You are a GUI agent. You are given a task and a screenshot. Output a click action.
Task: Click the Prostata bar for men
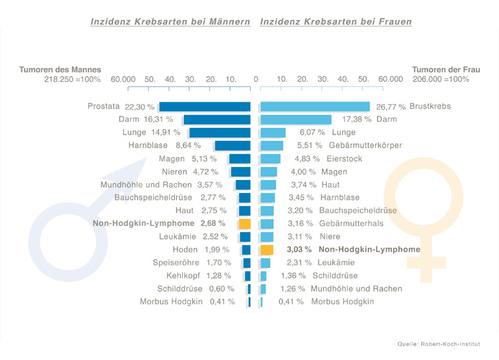[205, 107]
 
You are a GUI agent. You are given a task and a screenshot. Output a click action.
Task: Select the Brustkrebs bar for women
[315, 107]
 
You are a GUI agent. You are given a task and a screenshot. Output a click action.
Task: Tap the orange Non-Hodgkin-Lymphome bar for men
[244, 224]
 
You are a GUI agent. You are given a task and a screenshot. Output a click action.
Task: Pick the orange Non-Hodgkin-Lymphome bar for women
[267, 250]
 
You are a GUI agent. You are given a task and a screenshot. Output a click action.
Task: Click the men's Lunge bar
[220, 133]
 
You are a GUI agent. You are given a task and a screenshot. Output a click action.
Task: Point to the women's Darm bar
[296, 120]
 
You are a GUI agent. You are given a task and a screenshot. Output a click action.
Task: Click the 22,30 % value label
[140, 107]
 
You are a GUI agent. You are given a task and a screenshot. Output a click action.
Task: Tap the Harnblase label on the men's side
[147, 145]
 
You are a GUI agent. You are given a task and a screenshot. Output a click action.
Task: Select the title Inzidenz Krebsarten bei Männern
[170, 22]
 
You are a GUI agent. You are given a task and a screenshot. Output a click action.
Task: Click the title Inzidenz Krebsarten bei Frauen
[336, 22]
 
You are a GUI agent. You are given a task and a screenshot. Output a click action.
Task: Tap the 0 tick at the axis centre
[255, 79]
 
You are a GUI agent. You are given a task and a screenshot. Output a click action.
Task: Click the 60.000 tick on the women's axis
[390, 79]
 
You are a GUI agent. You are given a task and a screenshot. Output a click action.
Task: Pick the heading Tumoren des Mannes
[60, 70]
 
